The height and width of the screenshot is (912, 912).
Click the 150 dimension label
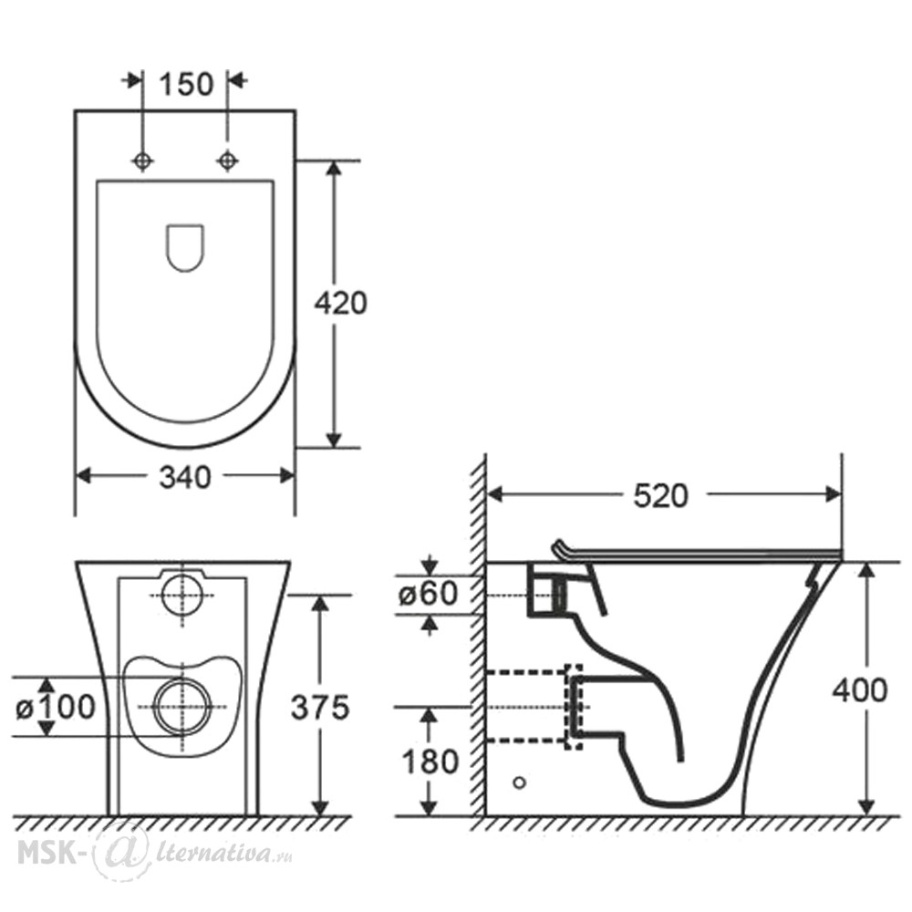pyautogui.click(x=186, y=84)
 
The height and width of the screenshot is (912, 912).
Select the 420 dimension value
pyautogui.click(x=341, y=303)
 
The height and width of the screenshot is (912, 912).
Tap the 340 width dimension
pyautogui.click(x=185, y=478)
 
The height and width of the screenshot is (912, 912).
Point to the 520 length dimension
pyautogui.click(x=660, y=496)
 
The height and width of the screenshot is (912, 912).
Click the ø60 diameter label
pyautogui.click(x=428, y=594)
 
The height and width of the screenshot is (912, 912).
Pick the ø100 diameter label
pyautogui.click(x=56, y=708)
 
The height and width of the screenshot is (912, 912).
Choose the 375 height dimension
pyautogui.click(x=320, y=708)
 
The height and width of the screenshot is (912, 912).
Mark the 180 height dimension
pyautogui.click(x=430, y=762)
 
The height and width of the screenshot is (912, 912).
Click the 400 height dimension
pyautogui.click(x=860, y=691)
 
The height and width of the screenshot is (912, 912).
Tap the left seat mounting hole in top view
pyautogui.click(x=143, y=161)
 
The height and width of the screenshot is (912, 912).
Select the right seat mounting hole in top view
pyautogui.click(x=227, y=161)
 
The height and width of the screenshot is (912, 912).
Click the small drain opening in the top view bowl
pyautogui.click(x=185, y=248)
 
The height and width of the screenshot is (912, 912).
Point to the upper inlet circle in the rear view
pyautogui.click(x=182, y=595)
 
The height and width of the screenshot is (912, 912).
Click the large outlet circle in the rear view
pyautogui.click(x=182, y=708)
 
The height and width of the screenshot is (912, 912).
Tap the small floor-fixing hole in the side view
pyautogui.click(x=520, y=782)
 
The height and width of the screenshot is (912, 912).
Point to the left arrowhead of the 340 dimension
pyautogui.click(x=84, y=476)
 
